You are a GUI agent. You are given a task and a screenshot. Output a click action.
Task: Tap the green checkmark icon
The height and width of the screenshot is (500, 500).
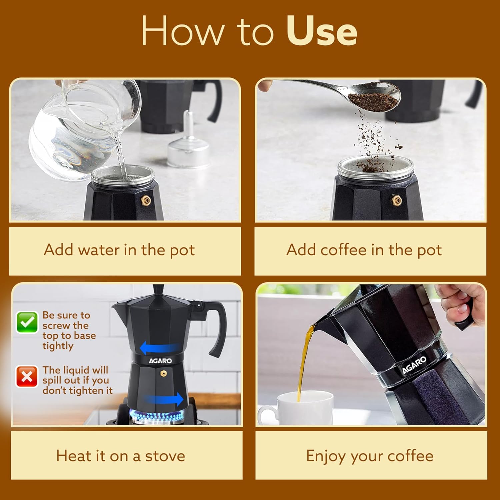[x=27, y=322]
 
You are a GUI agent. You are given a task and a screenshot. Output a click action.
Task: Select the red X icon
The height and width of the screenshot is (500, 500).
[x=27, y=377]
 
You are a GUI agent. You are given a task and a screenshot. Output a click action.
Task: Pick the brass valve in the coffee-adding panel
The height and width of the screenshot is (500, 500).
[x=397, y=200]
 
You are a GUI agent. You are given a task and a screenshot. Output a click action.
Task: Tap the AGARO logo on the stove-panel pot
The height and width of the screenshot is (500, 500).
[x=160, y=361]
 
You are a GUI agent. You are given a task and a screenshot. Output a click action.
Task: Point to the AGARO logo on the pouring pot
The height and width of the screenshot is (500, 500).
[x=414, y=365]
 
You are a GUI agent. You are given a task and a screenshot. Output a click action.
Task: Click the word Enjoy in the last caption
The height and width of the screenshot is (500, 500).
[x=325, y=456]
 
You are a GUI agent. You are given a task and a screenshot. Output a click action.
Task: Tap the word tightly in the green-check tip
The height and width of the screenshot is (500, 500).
[x=58, y=346]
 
